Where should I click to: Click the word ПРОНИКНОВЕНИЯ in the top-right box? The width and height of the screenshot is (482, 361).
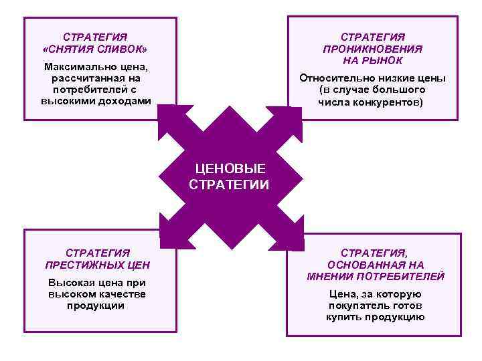click(x=372, y=48)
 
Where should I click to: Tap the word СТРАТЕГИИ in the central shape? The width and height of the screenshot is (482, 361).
click(x=229, y=185)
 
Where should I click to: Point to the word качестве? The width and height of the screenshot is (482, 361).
click(x=125, y=294)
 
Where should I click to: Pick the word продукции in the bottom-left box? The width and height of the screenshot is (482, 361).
click(x=96, y=306)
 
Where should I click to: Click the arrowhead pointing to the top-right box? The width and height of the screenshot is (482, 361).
click(x=292, y=118)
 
